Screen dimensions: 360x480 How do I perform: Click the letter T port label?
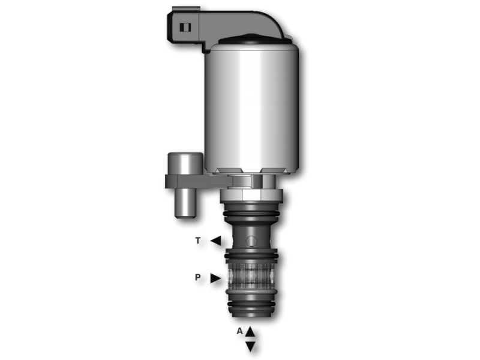coord(198,241)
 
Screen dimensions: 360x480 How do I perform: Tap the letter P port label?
coord(197,278)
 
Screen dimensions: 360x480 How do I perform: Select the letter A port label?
coord(239,331)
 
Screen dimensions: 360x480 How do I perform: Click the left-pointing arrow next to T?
coord(215,241)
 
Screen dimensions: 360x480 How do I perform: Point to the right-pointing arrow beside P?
coord(215,278)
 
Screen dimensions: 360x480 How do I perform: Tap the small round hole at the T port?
coord(253,241)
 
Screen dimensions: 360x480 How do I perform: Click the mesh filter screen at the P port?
coord(251,277)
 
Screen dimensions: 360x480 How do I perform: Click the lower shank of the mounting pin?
coord(185,204)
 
